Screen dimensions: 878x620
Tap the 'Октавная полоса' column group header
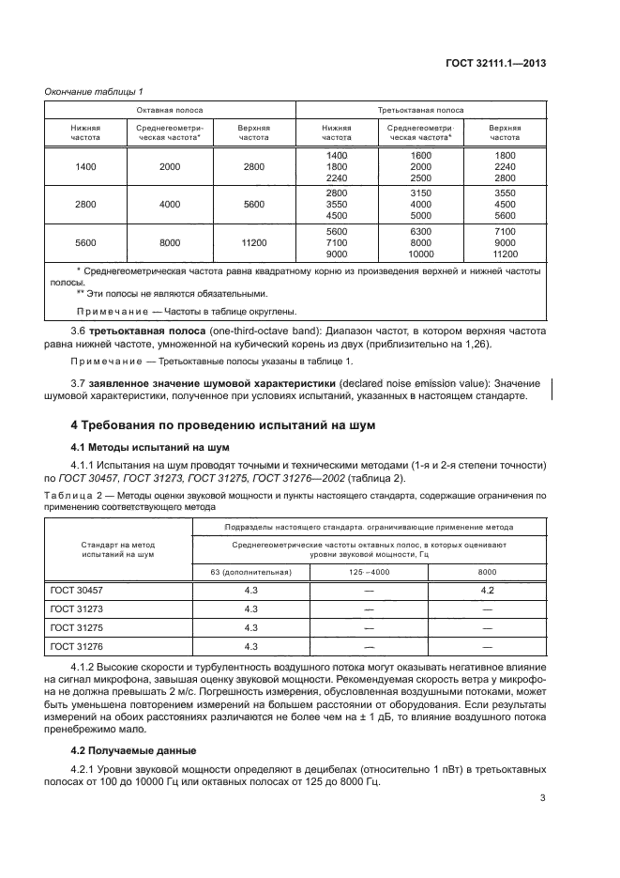click(x=169, y=109)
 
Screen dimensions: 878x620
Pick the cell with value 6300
click(x=420, y=230)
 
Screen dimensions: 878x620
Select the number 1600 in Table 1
click(x=420, y=154)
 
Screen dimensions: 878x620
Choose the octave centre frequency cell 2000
click(x=170, y=166)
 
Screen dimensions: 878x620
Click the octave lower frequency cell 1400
click(x=86, y=166)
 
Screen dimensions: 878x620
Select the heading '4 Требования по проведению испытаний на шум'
click(x=211, y=424)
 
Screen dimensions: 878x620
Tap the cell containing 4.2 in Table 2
click(x=487, y=590)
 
